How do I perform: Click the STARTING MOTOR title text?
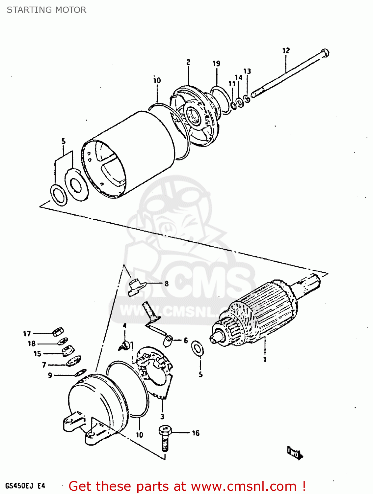46,10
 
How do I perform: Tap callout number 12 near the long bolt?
286,50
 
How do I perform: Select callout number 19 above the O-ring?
216,64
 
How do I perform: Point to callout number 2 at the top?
188,62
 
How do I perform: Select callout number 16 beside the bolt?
196,433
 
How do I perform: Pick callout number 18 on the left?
32,343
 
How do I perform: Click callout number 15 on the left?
37,354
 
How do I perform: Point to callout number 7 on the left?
44,365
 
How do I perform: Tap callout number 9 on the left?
50,375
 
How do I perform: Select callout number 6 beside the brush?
186,340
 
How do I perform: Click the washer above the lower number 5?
198,348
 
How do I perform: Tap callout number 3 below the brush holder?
162,417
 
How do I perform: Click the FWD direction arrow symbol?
295,453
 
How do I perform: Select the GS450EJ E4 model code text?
25,486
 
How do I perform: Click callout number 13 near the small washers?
247,71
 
